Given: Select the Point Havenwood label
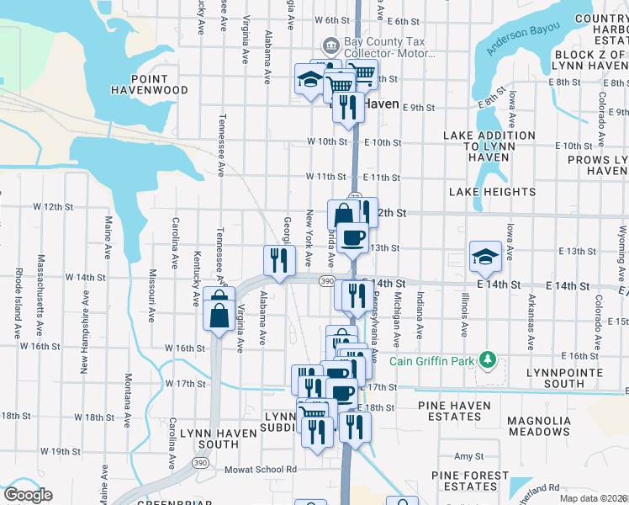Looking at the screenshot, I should [148, 84].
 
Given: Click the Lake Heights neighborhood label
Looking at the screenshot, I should [492, 192].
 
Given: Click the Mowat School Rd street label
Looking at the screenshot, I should [260, 470].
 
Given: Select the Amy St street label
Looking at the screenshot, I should [464, 455].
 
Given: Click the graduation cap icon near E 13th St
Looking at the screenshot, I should [486, 257].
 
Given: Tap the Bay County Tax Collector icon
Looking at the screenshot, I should [330, 44].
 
